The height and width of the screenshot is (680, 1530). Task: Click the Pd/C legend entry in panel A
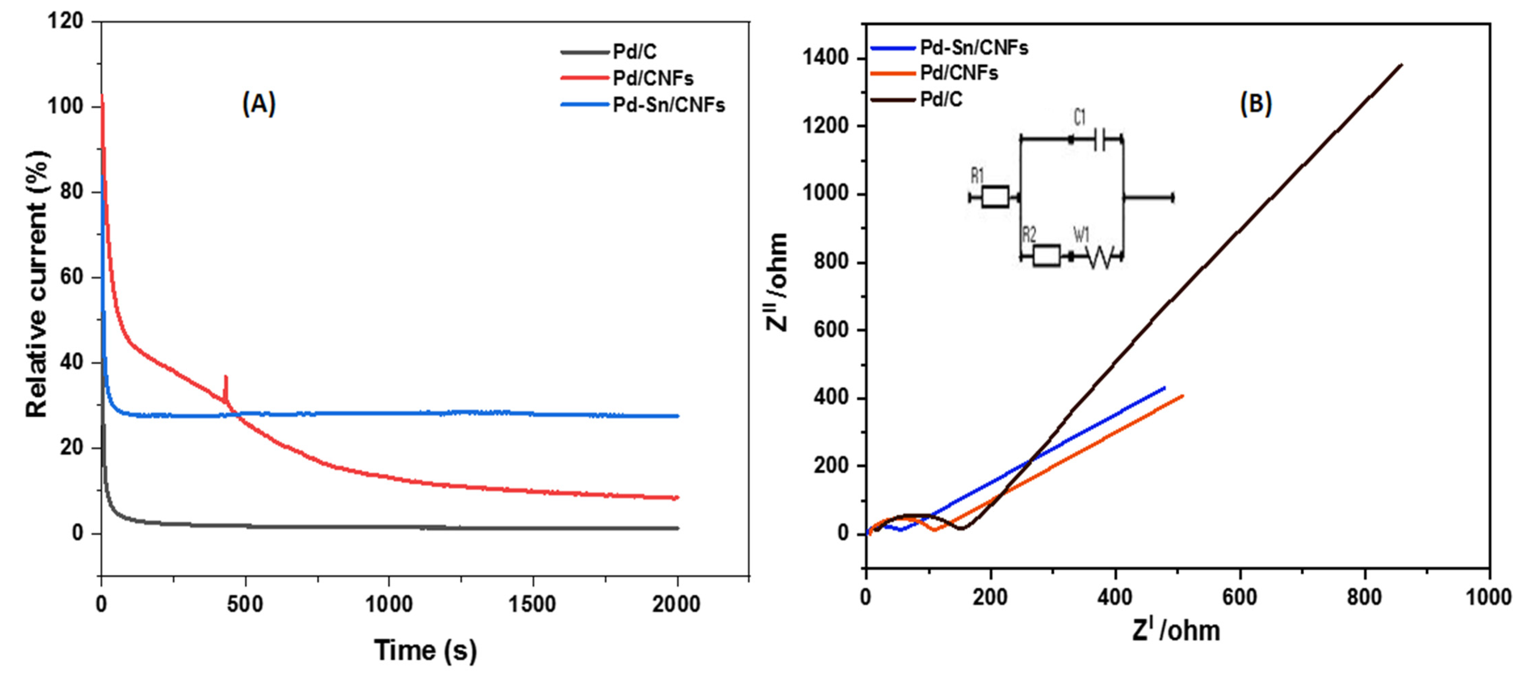pyautogui.click(x=634, y=52)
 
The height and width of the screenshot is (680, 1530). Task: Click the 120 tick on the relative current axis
pyautogui.click(x=65, y=21)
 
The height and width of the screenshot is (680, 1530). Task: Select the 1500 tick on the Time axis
pyautogui.click(x=532, y=604)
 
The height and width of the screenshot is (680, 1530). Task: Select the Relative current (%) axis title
pyautogui.click(x=37, y=285)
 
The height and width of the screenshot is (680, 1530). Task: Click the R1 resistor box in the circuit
pyautogui.click(x=995, y=197)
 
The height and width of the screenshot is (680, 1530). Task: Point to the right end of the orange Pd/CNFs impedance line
pyautogui.click(x=1183, y=396)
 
